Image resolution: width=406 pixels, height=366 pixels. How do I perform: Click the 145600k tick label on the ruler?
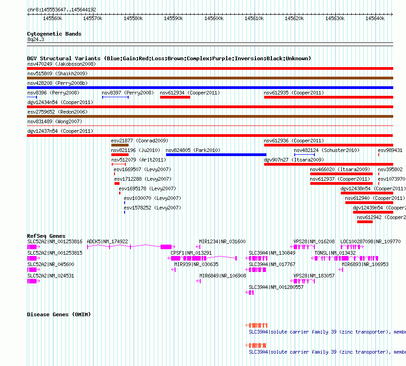[214, 18]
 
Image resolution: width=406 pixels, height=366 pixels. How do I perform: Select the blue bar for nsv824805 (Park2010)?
[216, 155]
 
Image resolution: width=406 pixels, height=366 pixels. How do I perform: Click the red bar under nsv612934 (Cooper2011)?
[175, 97]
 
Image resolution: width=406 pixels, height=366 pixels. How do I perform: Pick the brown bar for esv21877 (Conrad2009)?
[120, 145]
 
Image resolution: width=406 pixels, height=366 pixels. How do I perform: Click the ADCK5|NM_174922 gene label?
[107, 241]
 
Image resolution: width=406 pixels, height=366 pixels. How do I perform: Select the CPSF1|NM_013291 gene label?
[191, 253]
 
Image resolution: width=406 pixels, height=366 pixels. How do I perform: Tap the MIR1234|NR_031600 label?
[222, 241]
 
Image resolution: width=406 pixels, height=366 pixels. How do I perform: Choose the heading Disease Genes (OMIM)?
[59, 314]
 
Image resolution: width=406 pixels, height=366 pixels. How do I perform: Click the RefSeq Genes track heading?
[46, 236]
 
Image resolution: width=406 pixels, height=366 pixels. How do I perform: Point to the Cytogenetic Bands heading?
[54, 34]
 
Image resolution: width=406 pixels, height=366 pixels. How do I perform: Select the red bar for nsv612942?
[365, 222]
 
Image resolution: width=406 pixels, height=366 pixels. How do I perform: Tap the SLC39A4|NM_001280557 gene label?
[276, 287]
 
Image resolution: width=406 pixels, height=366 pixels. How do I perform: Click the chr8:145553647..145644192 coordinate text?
[62, 10]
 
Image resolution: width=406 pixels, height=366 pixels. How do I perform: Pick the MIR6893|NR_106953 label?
[365, 264]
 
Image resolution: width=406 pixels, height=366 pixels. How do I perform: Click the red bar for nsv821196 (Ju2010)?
[120, 155]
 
